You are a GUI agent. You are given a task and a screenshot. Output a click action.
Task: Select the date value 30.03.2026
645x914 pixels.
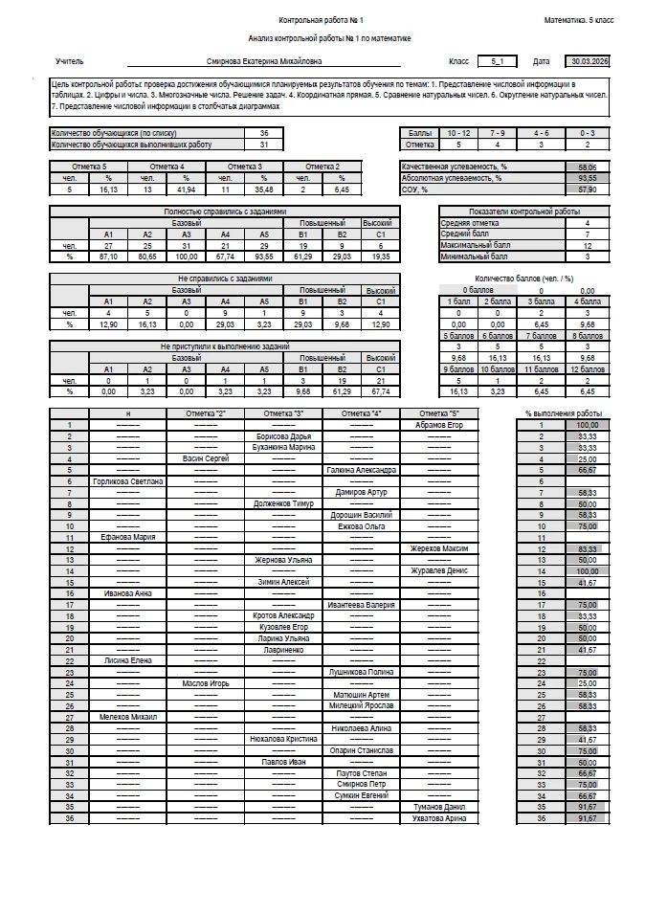coord(587,60)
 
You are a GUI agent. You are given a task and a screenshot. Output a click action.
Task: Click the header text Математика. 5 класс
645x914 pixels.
coord(579,20)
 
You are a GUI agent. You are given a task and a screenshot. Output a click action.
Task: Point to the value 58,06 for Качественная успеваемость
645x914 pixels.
coord(587,167)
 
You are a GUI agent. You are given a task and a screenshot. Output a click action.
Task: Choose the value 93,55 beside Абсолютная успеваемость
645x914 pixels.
coord(587,177)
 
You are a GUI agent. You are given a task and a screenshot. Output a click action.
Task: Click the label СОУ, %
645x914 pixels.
coord(414,189)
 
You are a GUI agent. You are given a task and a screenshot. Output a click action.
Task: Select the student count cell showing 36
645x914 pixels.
coord(264,133)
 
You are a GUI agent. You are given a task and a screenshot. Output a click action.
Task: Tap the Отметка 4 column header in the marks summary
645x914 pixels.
coord(167,167)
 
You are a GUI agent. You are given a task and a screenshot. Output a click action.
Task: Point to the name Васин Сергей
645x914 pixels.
coord(205,459)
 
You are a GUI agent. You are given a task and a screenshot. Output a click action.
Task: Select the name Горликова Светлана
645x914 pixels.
coord(127,480)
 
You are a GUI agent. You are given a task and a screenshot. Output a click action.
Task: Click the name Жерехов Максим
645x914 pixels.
coord(439,548)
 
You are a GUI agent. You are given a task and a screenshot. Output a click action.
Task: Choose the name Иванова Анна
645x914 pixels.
coord(127,593)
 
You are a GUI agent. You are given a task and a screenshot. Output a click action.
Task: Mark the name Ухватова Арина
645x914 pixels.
coord(439,818)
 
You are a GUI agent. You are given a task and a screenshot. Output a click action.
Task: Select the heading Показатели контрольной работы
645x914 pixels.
coord(524,212)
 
